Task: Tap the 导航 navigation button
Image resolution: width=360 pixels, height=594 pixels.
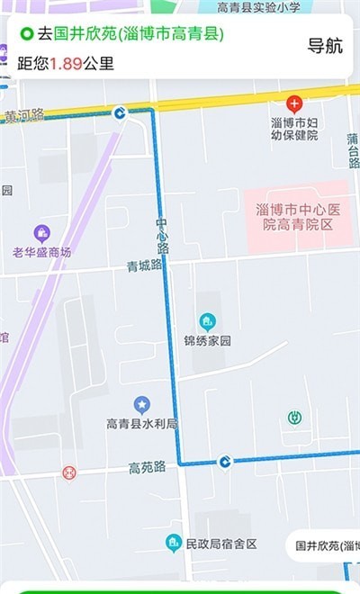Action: click(x=325, y=47)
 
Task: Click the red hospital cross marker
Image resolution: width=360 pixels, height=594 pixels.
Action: click(x=294, y=104)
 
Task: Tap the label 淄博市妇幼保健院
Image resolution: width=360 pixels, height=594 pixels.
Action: click(x=294, y=128)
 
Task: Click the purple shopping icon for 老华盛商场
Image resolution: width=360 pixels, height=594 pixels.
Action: click(x=41, y=233)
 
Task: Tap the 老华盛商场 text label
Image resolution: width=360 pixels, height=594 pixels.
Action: click(x=41, y=252)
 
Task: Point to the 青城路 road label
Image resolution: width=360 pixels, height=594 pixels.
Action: click(x=144, y=265)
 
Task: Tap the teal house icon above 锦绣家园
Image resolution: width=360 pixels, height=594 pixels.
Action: click(x=208, y=321)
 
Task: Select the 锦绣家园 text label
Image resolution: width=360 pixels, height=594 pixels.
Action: click(x=208, y=341)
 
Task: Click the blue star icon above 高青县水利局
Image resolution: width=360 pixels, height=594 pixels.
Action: click(x=141, y=404)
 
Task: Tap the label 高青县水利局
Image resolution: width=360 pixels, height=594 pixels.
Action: click(x=141, y=423)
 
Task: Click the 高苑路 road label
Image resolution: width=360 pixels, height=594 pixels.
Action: click(x=147, y=467)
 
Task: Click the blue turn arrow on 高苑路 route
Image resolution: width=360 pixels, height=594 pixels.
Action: click(x=225, y=463)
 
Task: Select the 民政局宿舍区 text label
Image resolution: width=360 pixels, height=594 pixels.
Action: click(x=220, y=544)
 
